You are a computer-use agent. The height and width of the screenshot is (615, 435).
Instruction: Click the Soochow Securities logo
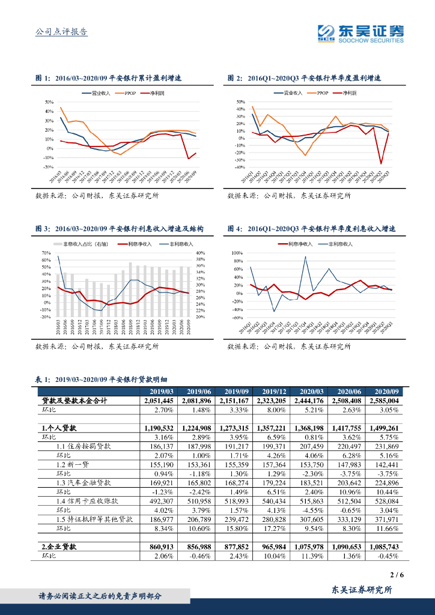tap(360, 34)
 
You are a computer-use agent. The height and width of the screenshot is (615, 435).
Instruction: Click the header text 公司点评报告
tap(61, 32)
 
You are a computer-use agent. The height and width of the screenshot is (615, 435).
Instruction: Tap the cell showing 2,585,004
tap(383, 401)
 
